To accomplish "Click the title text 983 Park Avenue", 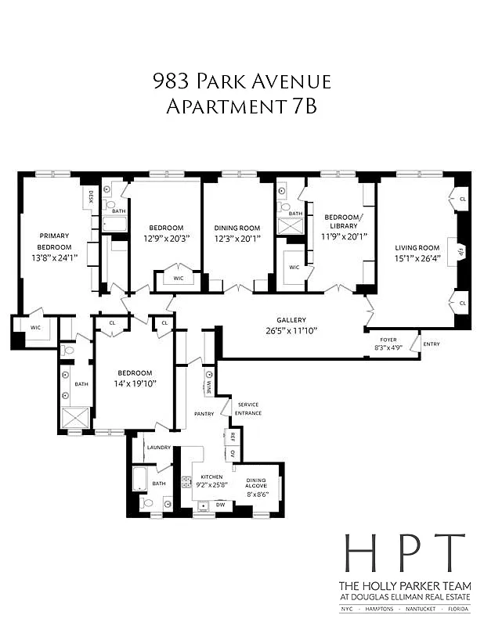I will click(241, 81).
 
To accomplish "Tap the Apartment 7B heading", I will click(241, 106).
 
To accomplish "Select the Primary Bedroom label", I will click(54, 241).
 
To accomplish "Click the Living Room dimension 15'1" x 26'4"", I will click(417, 258).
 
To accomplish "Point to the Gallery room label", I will click(291, 319).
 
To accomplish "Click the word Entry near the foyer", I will click(431, 344).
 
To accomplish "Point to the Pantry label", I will click(204, 412).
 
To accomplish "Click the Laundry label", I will click(158, 447).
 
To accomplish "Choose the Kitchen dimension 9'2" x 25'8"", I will click(212, 486).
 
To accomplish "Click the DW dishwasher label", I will click(220, 505).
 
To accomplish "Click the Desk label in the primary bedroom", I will click(91, 197).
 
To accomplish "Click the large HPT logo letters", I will click(404, 554).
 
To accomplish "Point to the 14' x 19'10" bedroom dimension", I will click(134, 383).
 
